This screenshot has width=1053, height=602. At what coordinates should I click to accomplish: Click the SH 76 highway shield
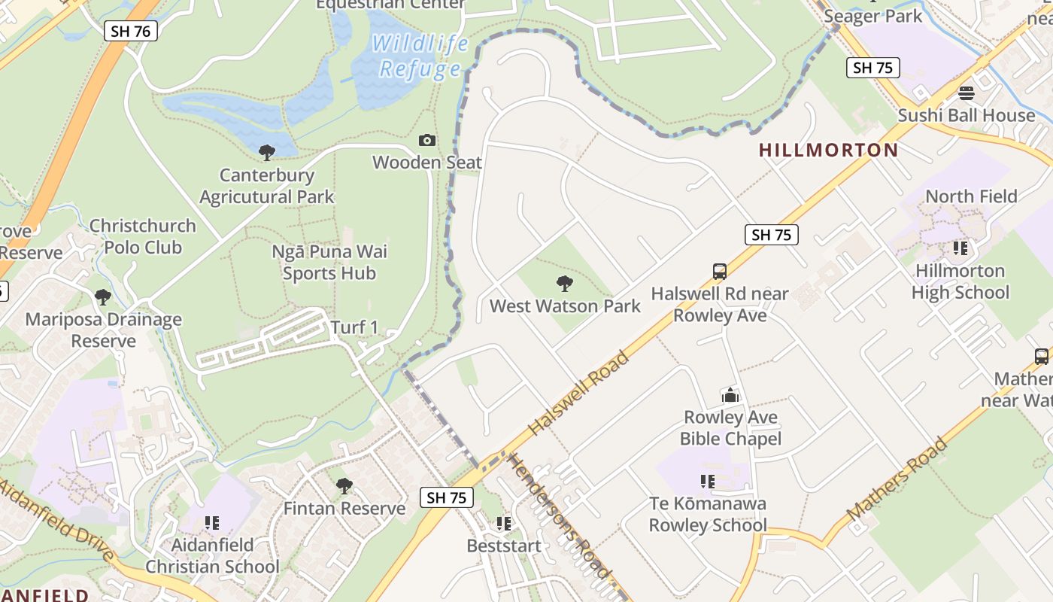pos(130,31)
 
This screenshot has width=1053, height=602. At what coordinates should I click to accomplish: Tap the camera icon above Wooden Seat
pos(426,141)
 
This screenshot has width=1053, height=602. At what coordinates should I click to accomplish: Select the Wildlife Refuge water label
pos(420,56)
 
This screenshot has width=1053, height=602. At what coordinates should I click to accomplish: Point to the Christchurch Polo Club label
pos(142,236)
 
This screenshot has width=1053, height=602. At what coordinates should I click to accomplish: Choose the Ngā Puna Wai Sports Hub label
pos(329,262)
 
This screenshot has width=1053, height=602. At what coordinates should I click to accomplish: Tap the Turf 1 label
pos(354,327)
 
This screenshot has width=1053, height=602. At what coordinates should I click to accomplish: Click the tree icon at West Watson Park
pos(564,284)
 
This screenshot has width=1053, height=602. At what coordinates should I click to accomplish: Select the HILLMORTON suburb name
pos(828,150)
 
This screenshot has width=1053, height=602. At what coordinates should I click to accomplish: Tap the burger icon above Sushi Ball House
pos(966,93)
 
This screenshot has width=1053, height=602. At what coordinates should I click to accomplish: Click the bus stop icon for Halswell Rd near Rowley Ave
pos(719,271)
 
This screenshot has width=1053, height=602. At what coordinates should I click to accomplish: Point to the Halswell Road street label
pos(578,394)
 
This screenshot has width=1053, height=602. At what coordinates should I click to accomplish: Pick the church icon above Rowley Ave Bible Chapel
pos(730,395)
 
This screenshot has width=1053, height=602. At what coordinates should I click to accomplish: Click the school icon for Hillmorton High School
pos(960,248)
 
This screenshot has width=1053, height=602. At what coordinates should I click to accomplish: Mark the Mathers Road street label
pos(896,479)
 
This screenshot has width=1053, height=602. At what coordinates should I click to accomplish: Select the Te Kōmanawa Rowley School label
pos(708,515)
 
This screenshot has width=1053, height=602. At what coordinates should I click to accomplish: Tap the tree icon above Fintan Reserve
pos(344,486)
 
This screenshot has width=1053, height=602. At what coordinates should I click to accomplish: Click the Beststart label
pos(503,546)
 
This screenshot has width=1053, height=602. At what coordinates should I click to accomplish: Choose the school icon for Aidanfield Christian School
pos(212,522)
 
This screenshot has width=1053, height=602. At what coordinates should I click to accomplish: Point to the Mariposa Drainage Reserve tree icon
pos(103,297)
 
